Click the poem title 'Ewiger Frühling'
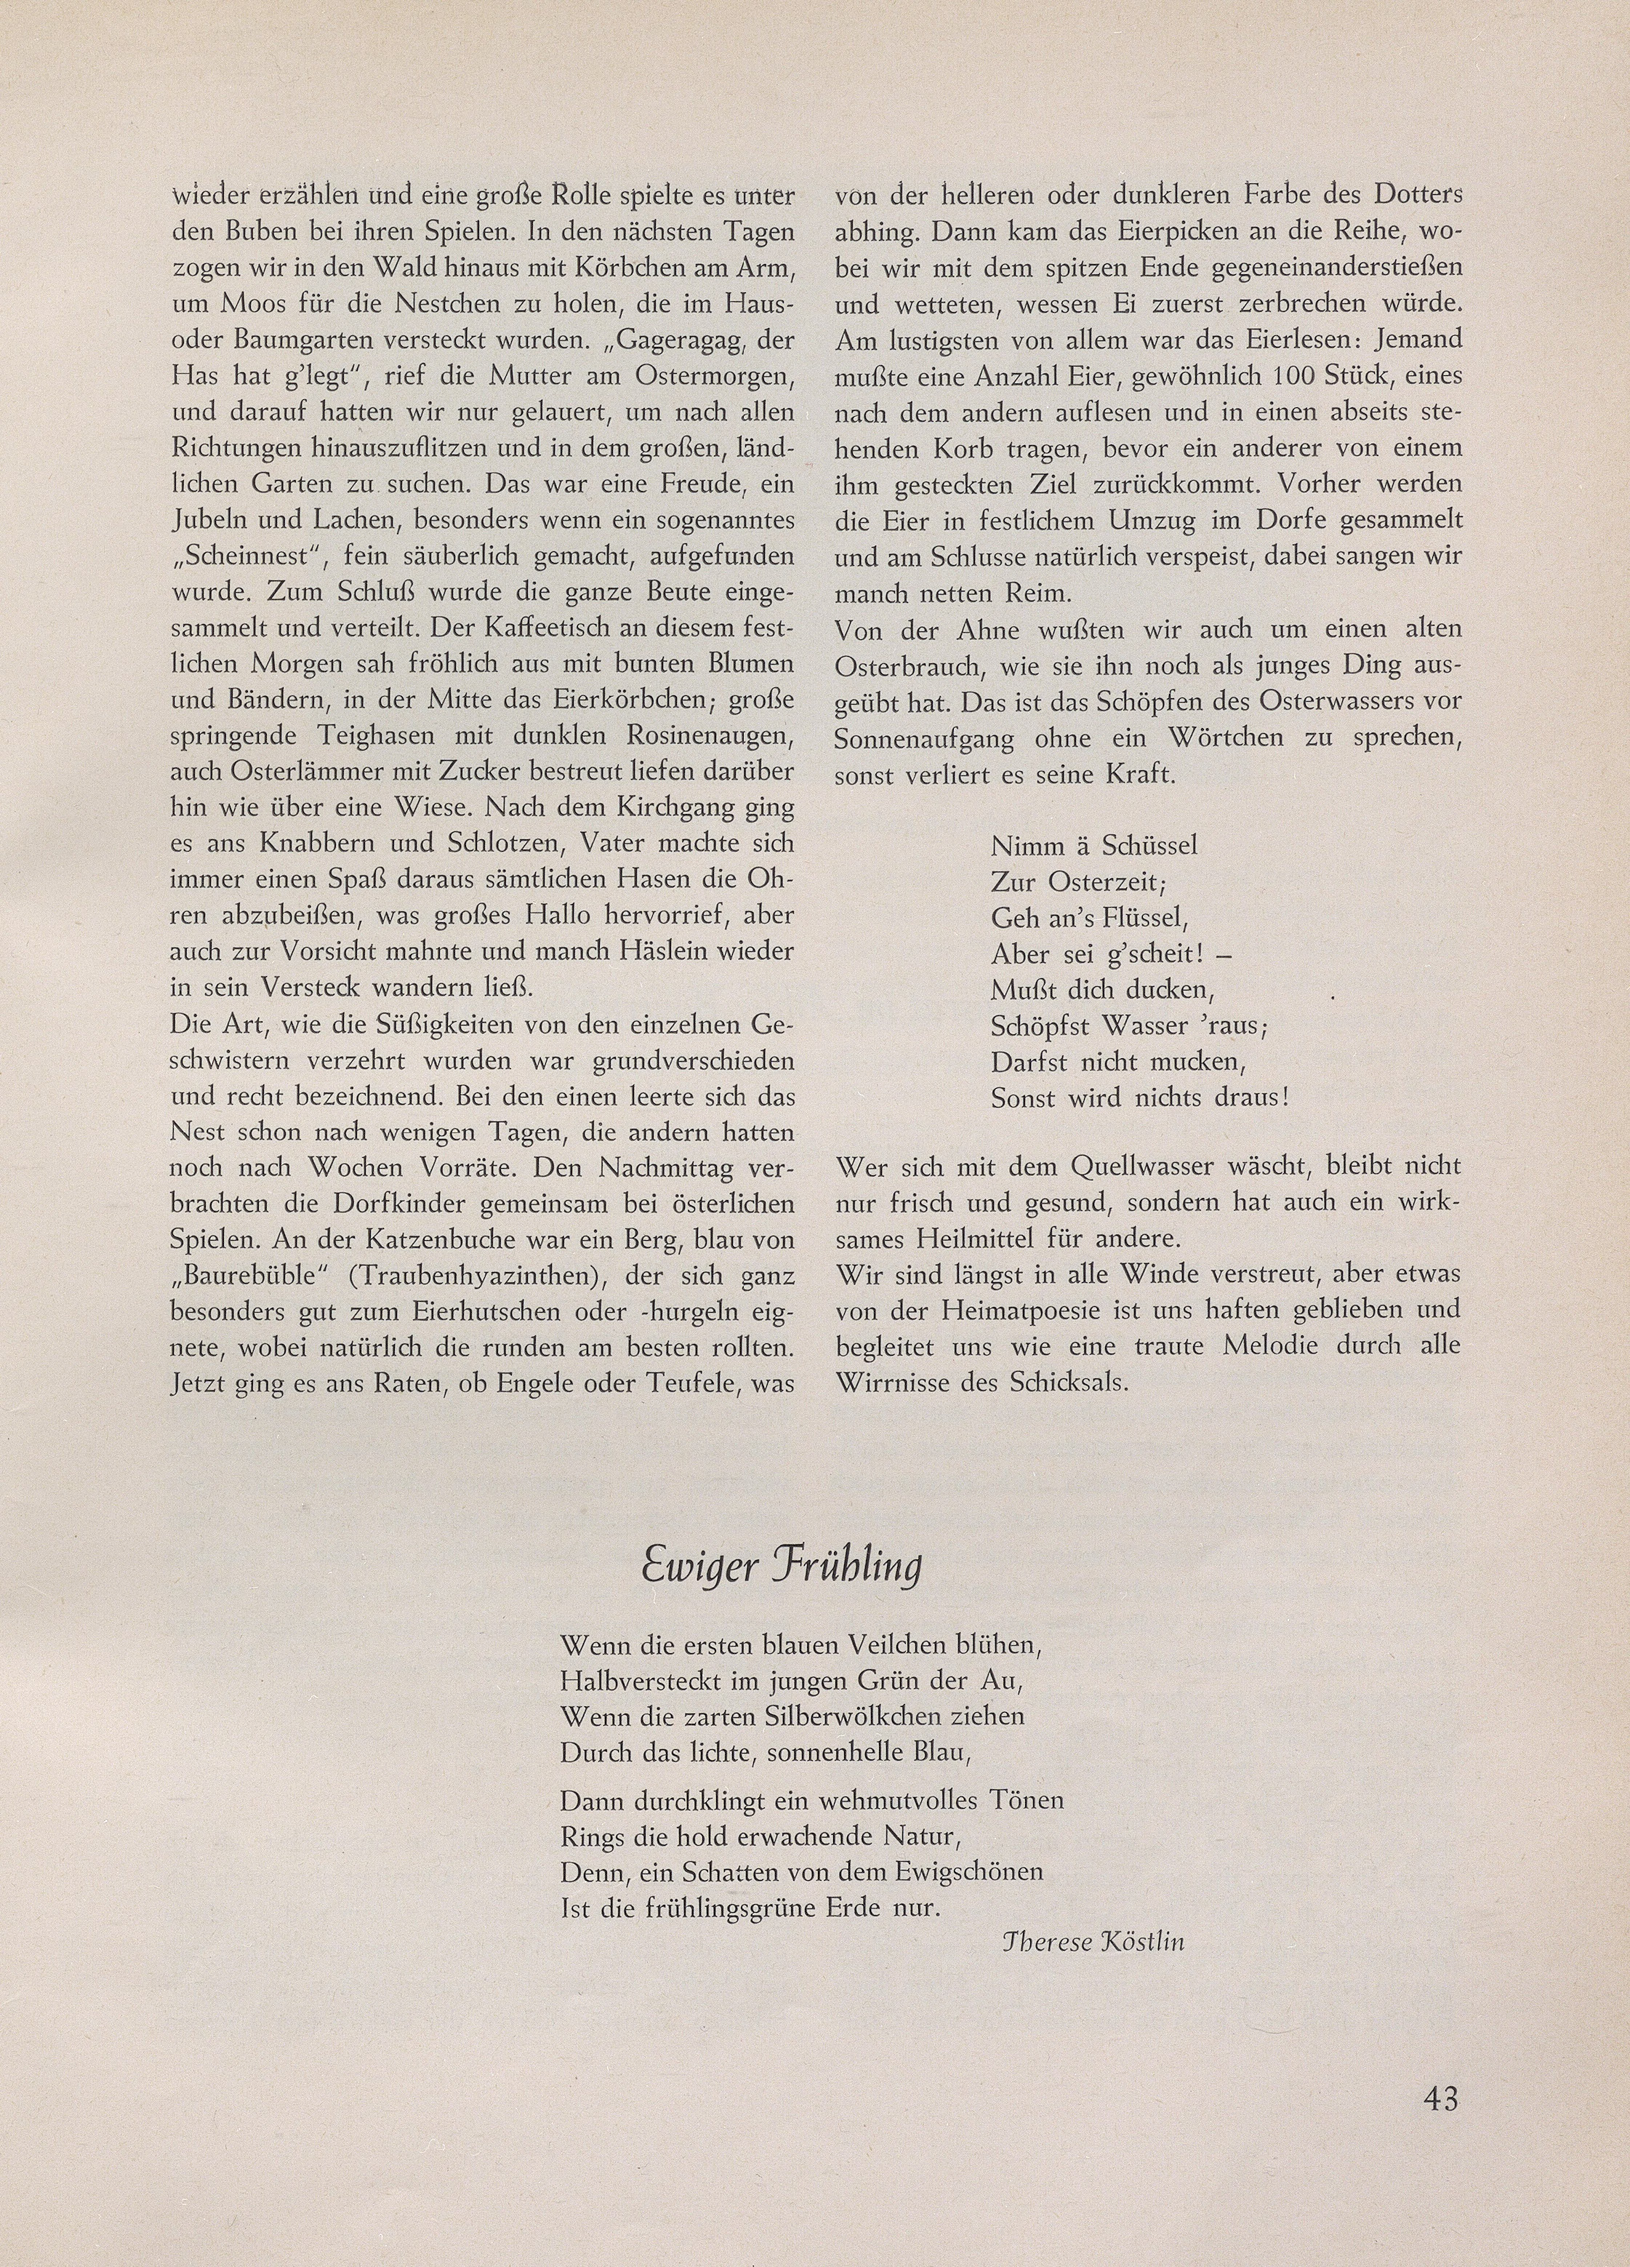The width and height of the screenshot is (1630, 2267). pos(781,1567)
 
